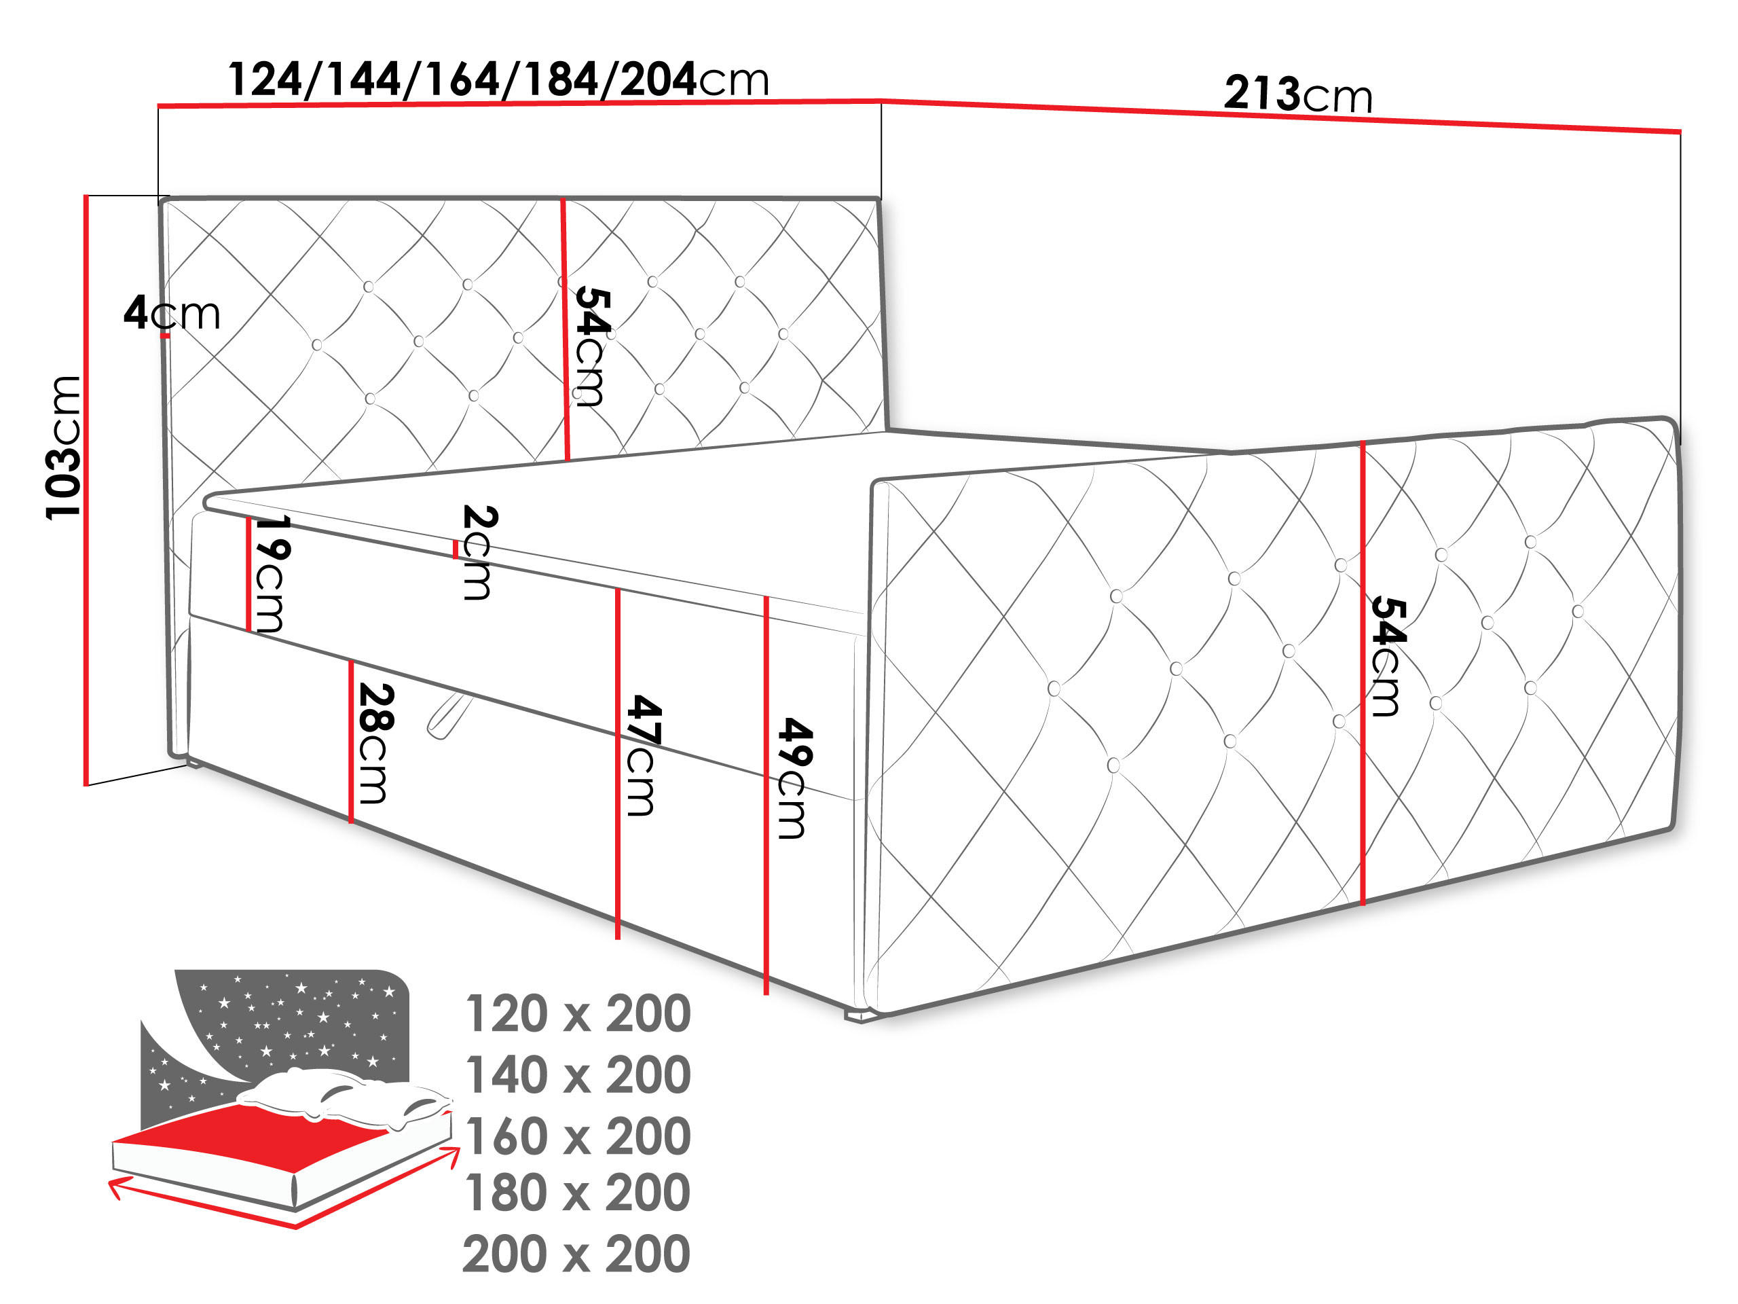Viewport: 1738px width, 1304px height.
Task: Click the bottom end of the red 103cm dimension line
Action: [x=86, y=784]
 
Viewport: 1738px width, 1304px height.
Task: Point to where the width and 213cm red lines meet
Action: [x=880, y=101]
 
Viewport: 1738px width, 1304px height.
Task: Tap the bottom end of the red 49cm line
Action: [x=766, y=994]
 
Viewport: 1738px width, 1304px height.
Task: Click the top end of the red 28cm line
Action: [x=351, y=660]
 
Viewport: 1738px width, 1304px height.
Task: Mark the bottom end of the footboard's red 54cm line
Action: [x=1363, y=904]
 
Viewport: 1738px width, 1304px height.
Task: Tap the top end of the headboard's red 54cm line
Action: [x=563, y=200]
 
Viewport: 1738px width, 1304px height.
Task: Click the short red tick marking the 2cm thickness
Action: [x=455, y=549]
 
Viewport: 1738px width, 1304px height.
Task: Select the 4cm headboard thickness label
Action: [x=172, y=313]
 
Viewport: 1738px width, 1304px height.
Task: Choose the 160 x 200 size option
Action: [x=578, y=1136]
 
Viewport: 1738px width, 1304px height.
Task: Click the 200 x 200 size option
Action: [x=576, y=1254]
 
